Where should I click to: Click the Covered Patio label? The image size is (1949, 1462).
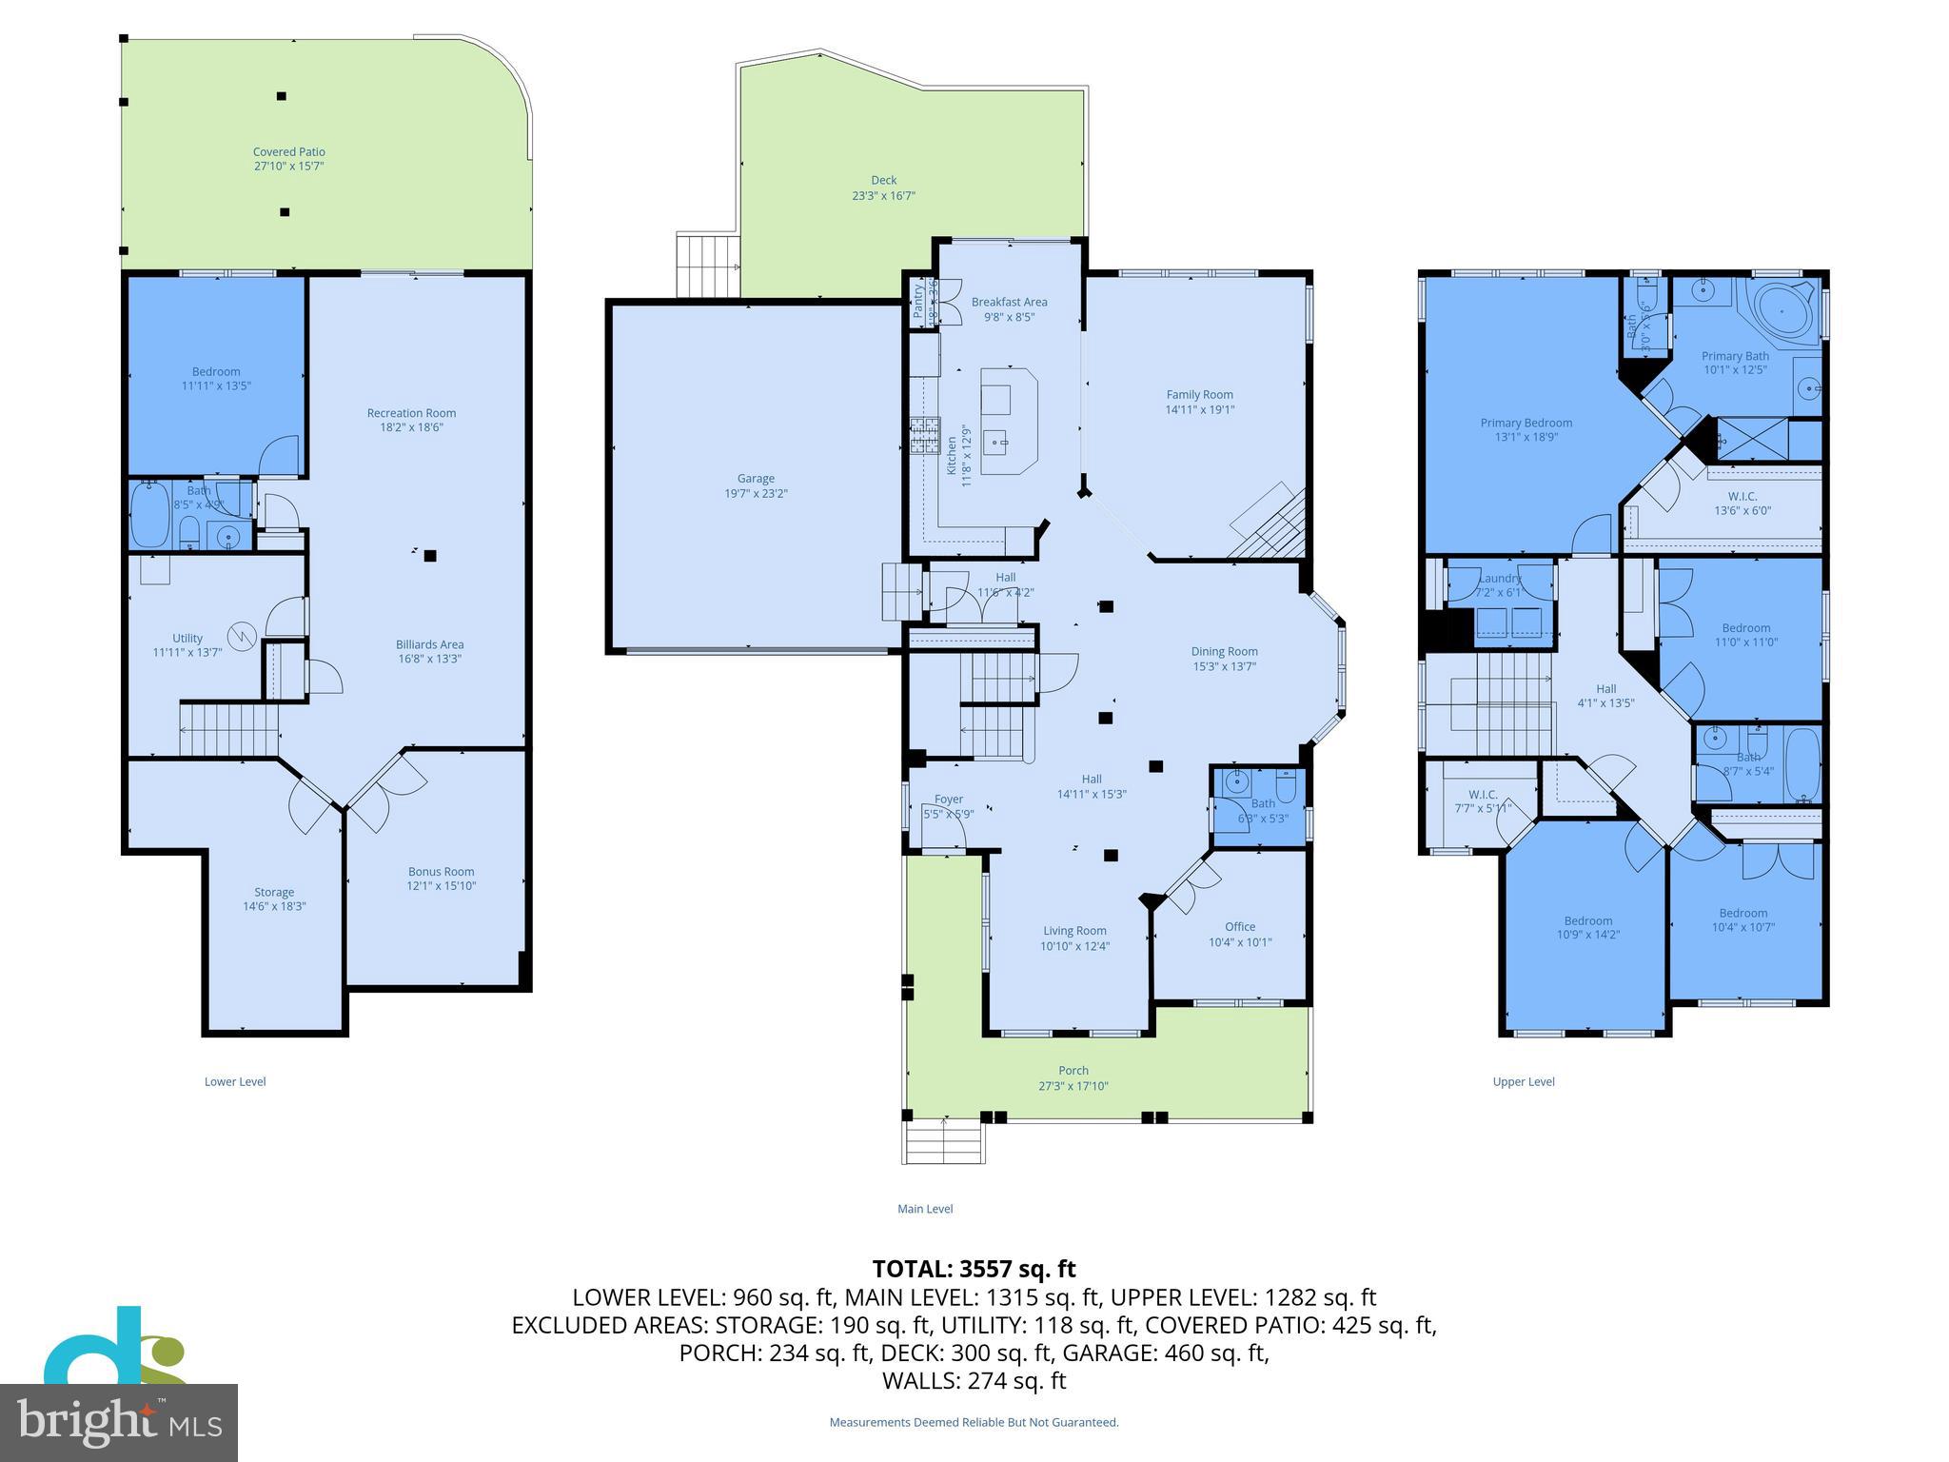(288, 152)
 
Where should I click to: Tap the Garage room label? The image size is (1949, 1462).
(756, 479)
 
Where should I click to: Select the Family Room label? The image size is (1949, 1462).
(1199, 395)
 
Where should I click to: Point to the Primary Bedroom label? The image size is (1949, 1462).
(1526, 424)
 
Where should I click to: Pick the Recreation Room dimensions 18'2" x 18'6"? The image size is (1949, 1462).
(411, 427)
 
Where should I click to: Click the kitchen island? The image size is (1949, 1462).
(1009, 419)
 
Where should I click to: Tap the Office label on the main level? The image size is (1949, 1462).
(1239, 927)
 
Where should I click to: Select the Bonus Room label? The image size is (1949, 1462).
(441, 872)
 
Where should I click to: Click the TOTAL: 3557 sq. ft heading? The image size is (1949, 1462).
(974, 1269)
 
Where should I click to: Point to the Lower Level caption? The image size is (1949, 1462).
(235, 1081)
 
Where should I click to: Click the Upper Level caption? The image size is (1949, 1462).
(1523, 1081)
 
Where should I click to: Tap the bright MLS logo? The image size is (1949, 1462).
(119, 1422)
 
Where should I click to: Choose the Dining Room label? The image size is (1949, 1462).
(1224, 652)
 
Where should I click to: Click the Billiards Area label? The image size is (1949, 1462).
(429, 644)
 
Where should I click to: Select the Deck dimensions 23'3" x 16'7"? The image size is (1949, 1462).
(883, 196)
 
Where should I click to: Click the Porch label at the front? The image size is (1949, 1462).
(1073, 1071)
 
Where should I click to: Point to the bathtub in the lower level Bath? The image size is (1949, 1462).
(149, 514)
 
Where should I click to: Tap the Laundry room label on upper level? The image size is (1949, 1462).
(1500, 579)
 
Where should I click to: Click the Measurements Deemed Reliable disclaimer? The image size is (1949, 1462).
(974, 1423)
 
